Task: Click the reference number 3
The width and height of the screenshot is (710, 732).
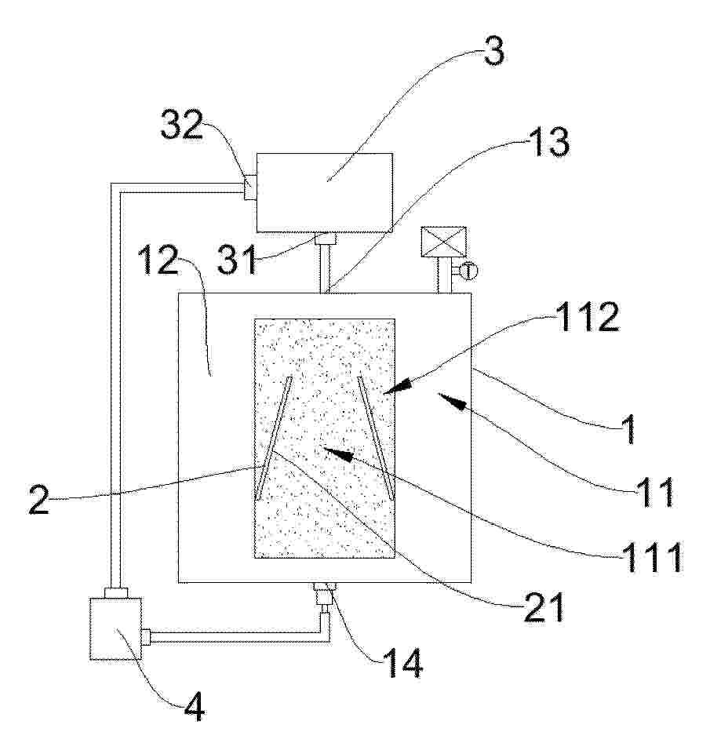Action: click(493, 51)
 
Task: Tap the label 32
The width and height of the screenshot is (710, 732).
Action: click(181, 125)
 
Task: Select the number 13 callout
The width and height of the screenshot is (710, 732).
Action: click(549, 141)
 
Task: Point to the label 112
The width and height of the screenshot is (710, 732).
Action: click(588, 317)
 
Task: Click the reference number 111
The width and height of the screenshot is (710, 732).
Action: click(652, 556)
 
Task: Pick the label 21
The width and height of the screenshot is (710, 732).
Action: click(544, 607)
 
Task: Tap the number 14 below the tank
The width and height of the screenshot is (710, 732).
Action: click(402, 663)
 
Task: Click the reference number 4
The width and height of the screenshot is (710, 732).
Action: click(195, 707)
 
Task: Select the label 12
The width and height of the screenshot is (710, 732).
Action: click(158, 260)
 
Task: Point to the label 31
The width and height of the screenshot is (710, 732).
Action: click(237, 260)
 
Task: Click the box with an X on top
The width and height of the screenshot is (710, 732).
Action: click(443, 242)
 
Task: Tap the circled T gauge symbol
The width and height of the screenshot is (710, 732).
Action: click(468, 271)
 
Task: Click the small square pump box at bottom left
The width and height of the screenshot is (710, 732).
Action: click(115, 628)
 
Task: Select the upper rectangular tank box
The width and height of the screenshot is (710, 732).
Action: click(325, 192)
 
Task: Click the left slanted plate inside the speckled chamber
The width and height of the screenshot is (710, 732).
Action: click(274, 438)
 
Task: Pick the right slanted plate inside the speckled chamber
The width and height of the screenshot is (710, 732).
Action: click(376, 438)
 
